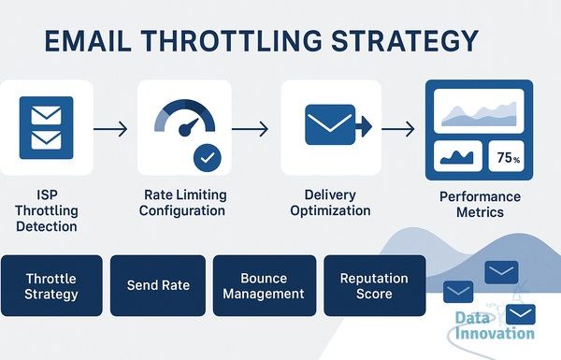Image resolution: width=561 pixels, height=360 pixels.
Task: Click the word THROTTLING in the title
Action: (231, 41)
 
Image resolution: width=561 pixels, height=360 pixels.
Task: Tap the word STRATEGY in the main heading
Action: (405, 41)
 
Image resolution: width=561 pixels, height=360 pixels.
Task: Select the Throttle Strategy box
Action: (51, 285)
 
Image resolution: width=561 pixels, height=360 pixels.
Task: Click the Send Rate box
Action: (158, 285)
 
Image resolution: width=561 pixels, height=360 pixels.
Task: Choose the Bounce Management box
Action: (265, 285)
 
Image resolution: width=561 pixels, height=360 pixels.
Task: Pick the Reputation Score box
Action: (375, 285)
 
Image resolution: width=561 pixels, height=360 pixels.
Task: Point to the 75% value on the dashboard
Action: (508, 157)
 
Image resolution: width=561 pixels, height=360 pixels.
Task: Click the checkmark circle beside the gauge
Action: (208, 158)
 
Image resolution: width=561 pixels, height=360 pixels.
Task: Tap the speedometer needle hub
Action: (184, 130)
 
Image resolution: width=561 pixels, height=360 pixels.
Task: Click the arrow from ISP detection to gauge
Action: (110, 129)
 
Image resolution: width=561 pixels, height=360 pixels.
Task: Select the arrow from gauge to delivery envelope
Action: (250, 129)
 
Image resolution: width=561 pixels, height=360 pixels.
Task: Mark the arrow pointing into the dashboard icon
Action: (398, 129)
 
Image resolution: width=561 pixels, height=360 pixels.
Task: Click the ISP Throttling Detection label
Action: (47, 210)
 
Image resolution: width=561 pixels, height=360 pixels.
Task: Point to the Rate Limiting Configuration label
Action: (183, 203)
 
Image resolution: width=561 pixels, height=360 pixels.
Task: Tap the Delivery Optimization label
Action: (330, 203)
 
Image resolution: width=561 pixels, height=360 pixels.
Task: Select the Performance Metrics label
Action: (481, 205)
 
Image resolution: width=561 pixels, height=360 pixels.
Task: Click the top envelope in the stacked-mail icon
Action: (46, 115)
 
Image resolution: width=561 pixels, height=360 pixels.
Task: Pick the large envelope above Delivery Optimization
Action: (330, 125)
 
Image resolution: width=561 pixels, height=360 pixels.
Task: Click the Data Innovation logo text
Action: (495, 325)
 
